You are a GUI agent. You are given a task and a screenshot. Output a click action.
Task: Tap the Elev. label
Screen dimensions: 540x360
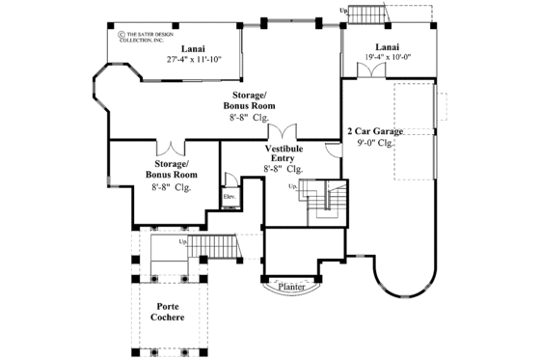click(229, 197)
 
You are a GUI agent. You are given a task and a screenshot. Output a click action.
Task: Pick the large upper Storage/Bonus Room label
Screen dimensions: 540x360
click(254, 103)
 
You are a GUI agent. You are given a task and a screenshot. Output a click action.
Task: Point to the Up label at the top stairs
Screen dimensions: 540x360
click(344, 10)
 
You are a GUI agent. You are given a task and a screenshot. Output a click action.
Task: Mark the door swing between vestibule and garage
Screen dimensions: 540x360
click(333, 150)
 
